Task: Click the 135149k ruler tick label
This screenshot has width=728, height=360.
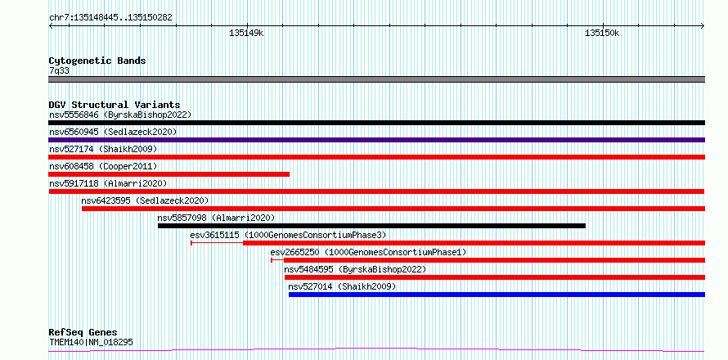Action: [246, 34]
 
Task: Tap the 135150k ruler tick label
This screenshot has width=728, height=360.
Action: [602, 34]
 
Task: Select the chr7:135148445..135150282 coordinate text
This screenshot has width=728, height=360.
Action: [110, 18]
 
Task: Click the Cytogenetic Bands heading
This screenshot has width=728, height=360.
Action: [97, 61]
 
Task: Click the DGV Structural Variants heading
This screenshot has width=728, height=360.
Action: [115, 105]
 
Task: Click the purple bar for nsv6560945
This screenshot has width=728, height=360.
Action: [376, 140]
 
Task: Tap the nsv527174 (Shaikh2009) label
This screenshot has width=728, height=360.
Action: [103, 149]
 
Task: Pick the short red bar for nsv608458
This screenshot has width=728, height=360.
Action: [169, 174]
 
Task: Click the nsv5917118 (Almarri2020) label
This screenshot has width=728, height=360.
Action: [108, 183]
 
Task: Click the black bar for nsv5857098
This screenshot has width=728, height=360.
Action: [371, 226]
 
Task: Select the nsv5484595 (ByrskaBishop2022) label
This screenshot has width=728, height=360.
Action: [355, 269]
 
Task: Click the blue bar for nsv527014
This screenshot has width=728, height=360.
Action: [497, 295]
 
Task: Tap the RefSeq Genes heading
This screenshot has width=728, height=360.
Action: [83, 333]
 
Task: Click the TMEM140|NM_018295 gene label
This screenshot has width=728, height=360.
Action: [91, 342]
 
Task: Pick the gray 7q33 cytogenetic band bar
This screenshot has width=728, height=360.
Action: [376, 79]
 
